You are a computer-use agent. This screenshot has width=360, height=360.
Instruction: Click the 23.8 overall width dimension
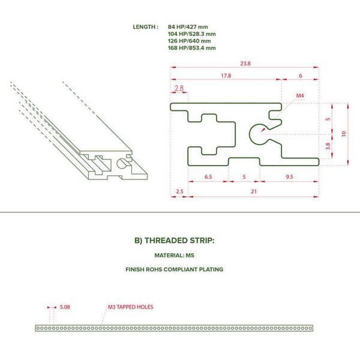click(245, 64)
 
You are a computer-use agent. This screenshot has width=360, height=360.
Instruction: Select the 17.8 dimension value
click(226, 76)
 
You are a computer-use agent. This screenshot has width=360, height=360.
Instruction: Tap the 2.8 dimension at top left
click(179, 88)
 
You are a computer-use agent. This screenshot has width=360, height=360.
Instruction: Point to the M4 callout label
click(300, 95)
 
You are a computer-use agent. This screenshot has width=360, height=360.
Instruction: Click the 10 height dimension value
click(344, 134)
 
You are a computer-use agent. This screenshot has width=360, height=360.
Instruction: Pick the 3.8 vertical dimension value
click(328, 146)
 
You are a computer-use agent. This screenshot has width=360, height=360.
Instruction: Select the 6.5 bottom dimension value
click(208, 177)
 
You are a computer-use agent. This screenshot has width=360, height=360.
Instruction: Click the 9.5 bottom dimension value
click(289, 177)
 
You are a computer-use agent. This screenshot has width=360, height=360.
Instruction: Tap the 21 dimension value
click(254, 191)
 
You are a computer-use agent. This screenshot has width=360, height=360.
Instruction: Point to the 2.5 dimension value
click(179, 191)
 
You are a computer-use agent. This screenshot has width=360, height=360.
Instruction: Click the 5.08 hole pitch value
click(65, 307)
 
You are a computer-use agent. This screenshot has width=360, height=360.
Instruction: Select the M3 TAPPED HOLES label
click(130, 307)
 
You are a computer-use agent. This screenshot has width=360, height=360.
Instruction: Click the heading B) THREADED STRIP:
click(174, 241)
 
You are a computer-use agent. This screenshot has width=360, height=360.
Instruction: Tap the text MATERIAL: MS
click(174, 256)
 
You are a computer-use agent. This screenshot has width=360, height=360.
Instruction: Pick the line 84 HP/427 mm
click(188, 27)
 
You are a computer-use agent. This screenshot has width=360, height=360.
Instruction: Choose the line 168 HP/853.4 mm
click(192, 48)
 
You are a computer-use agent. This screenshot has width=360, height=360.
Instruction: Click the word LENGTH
click(144, 27)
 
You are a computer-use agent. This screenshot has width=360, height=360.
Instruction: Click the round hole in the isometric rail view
click(118, 163)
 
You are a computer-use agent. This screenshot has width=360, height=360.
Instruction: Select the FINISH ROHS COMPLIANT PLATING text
click(174, 269)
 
